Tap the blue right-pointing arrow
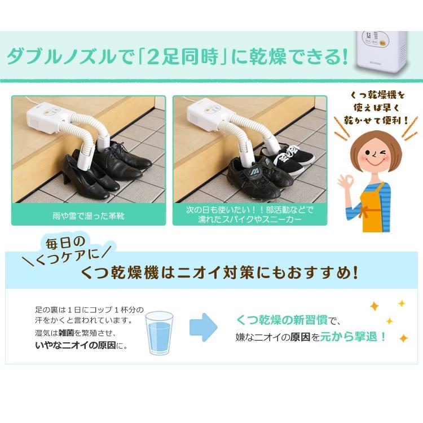(203, 327)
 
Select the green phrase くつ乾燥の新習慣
(283, 321)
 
